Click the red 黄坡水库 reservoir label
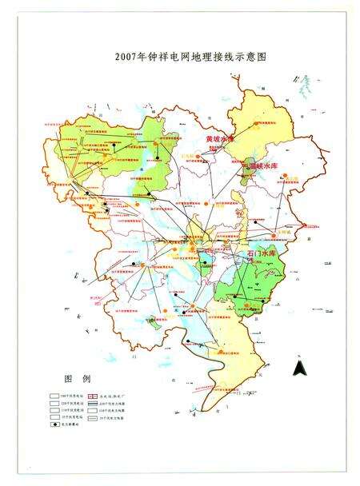[x=222, y=138]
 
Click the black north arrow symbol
[x=297, y=368]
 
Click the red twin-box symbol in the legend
[x=102, y=394]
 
